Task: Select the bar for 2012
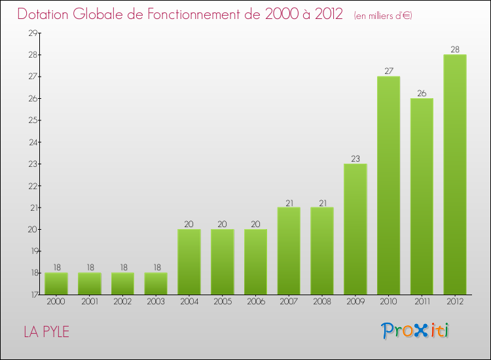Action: pyautogui.click(x=455, y=174)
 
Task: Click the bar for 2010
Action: pyautogui.click(x=388, y=185)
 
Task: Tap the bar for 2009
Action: pyautogui.click(x=355, y=229)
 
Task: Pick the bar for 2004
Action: pyautogui.click(x=189, y=262)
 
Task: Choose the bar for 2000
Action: pyautogui.click(x=56, y=283)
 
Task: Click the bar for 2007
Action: pyautogui.click(x=289, y=251)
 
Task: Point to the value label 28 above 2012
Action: pyautogui.click(x=455, y=50)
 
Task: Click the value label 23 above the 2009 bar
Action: pyautogui.click(x=355, y=158)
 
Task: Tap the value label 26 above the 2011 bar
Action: pyautogui.click(x=422, y=93)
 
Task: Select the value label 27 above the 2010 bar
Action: pyautogui.click(x=388, y=71)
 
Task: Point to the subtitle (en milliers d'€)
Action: pyautogui.click(x=383, y=15)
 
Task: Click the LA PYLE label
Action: pyautogui.click(x=46, y=332)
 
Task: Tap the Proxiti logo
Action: pyautogui.click(x=415, y=331)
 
